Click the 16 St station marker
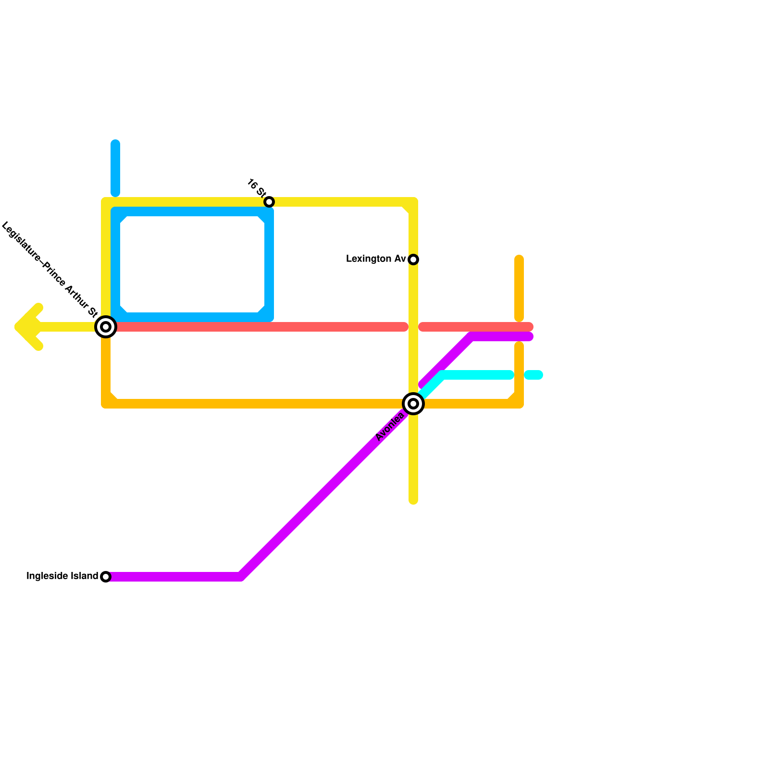(269, 202)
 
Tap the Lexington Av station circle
(413, 260)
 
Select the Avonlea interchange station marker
(413, 404)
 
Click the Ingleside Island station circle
(106, 577)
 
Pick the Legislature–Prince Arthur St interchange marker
(106, 327)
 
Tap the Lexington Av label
(376, 259)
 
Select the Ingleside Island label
(62, 576)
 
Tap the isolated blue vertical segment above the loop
(115, 168)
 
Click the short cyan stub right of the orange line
(533, 375)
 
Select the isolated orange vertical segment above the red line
(519, 288)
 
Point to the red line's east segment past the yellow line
(476, 327)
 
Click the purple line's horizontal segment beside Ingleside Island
(173, 577)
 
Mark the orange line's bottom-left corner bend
(107, 403)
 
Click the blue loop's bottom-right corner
(268, 316)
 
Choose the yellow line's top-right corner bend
(412, 203)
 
